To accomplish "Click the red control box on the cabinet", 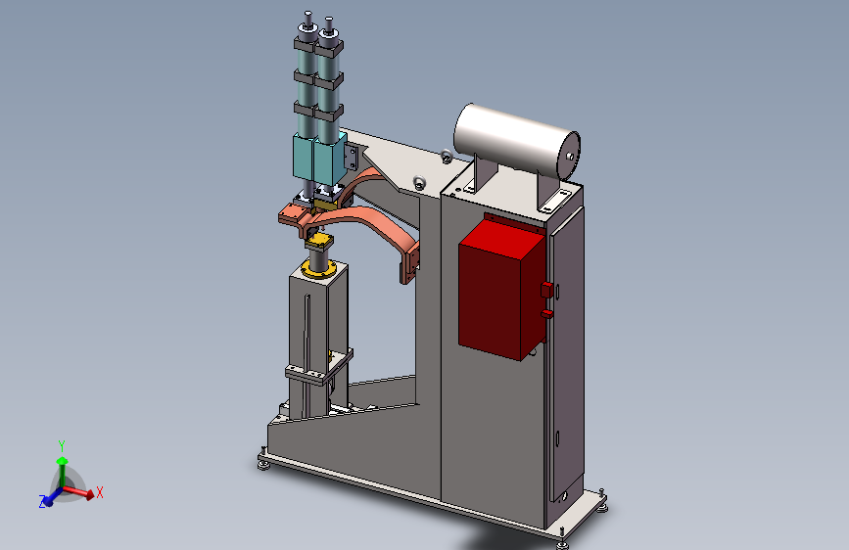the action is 500,290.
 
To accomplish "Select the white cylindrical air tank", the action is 517,141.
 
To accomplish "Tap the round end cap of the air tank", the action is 569,156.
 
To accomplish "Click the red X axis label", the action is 100,492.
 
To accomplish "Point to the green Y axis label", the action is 62,446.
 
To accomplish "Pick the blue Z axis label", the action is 42,502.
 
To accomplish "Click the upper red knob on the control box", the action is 546,290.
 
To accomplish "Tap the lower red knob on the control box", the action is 546,313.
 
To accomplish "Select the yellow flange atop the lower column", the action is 318,268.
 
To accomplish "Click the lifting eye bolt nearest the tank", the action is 447,157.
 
